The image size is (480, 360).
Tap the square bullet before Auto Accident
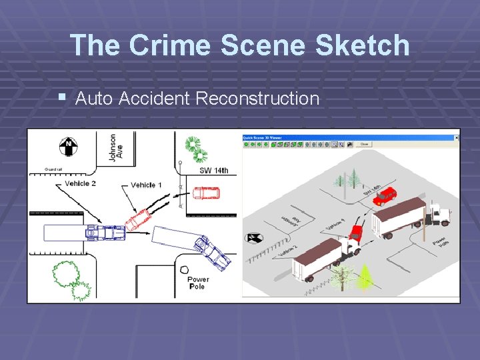[62, 97]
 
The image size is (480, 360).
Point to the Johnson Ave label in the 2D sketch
[113, 147]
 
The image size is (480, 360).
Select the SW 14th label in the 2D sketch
[214, 171]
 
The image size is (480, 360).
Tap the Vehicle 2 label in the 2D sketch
[81, 183]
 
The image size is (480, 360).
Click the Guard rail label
[54, 170]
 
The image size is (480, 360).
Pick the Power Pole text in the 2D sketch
[198, 283]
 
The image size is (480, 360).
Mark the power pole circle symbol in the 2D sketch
[183, 269]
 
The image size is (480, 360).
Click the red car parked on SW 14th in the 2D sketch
[205, 193]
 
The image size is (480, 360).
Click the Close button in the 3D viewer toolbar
[364, 144]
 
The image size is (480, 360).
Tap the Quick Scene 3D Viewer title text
[263, 137]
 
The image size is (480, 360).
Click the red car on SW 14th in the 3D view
[385, 195]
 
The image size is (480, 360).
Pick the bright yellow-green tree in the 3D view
[365, 277]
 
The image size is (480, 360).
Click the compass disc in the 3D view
[255, 237]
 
